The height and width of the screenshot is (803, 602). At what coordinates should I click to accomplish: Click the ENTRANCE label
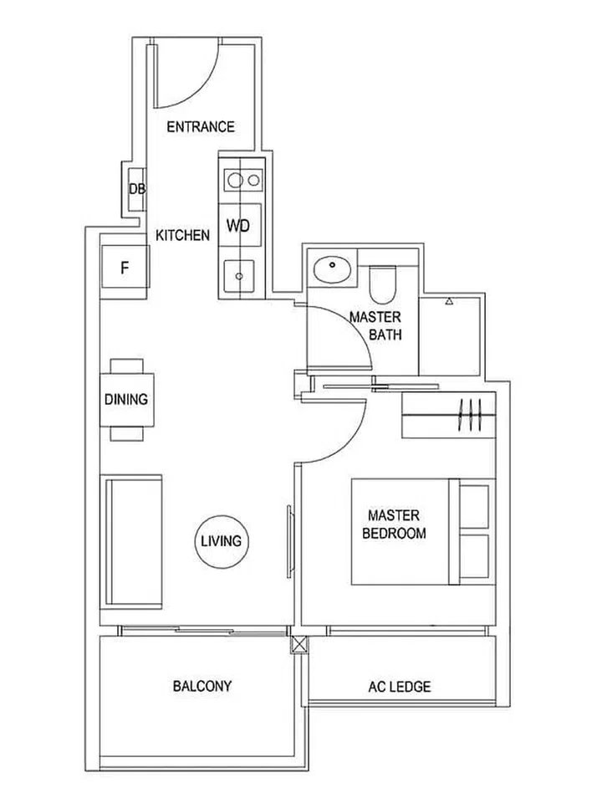pos(201,127)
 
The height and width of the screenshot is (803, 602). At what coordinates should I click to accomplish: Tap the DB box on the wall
pos(136,190)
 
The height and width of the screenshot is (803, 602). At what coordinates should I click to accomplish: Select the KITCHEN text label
pos(182,236)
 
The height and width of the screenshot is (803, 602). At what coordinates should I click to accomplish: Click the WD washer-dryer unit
pos(239,226)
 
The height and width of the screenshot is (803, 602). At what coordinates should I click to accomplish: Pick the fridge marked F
pos(125,269)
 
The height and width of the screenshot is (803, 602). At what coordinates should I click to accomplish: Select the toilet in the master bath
pos(384,284)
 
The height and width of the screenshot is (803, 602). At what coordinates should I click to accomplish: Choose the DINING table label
pos(126,399)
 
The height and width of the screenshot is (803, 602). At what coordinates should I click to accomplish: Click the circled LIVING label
pos(221,541)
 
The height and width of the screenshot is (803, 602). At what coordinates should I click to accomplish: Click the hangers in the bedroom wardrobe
pos(471,415)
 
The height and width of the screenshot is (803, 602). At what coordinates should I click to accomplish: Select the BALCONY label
pos(202,687)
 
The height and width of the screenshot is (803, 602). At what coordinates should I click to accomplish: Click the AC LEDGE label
pos(400,688)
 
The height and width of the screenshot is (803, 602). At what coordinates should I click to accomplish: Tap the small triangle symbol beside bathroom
pos(450,301)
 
